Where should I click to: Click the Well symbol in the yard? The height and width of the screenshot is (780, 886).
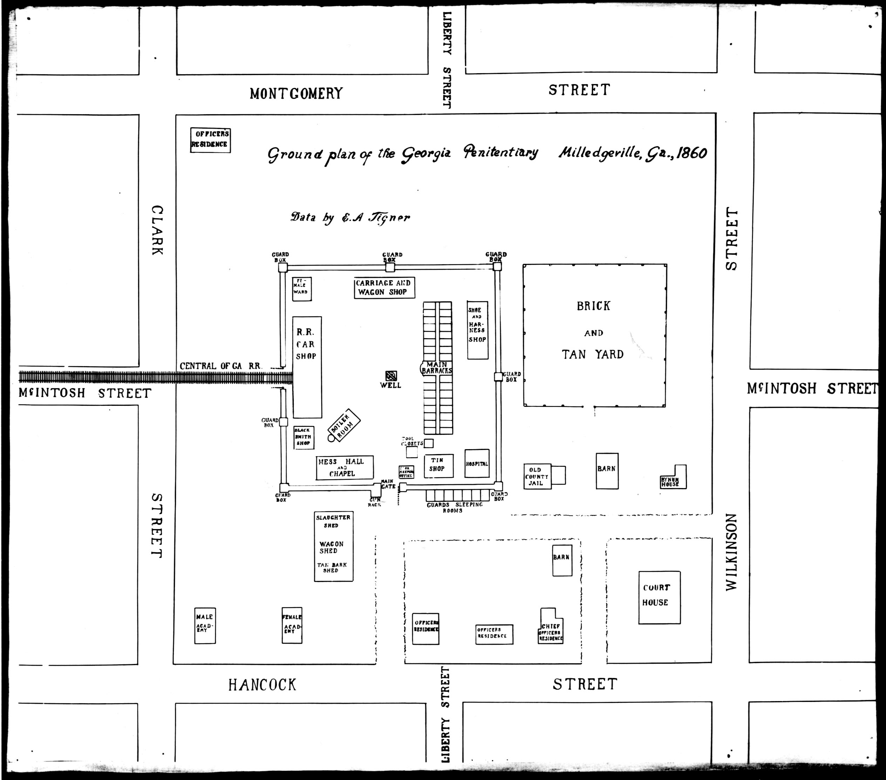pos(391,376)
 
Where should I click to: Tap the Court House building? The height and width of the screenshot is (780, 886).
pos(659,597)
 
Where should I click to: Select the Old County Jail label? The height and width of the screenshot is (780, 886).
pos(537,476)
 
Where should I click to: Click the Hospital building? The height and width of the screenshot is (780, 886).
pos(477,463)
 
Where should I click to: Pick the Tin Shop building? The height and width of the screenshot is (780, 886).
pos(438,465)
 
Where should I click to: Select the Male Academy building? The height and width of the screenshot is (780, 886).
pos(205,625)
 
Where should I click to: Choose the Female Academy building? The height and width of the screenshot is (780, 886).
pos(292,625)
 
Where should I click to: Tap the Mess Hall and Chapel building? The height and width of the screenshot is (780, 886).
pos(344,467)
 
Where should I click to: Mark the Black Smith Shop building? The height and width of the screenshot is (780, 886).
pos(304,437)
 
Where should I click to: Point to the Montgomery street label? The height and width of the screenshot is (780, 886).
pos(296,93)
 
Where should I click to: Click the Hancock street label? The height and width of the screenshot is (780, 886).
pos(262,685)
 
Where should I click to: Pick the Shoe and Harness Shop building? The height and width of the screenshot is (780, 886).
pos(477,330)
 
